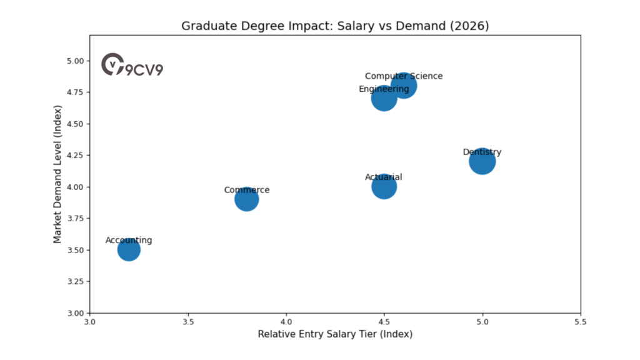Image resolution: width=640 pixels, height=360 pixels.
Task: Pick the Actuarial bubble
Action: (x=384, y=187)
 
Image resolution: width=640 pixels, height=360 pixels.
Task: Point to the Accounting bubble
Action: (x=129, y=251)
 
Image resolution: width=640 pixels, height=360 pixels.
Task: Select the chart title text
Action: (x=335, y=26)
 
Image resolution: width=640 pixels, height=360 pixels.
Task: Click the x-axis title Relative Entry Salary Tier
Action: (x=335, y=334)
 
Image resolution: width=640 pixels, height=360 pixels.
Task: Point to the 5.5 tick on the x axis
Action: (x=581, y=322)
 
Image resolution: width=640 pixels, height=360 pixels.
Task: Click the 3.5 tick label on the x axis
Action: (x=188, y=322)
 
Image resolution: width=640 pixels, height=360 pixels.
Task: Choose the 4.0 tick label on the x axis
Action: (x=286, y=322)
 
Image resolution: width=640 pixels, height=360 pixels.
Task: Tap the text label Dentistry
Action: (x=482, y=152)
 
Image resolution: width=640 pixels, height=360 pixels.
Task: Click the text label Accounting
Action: (x=129, y=241)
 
